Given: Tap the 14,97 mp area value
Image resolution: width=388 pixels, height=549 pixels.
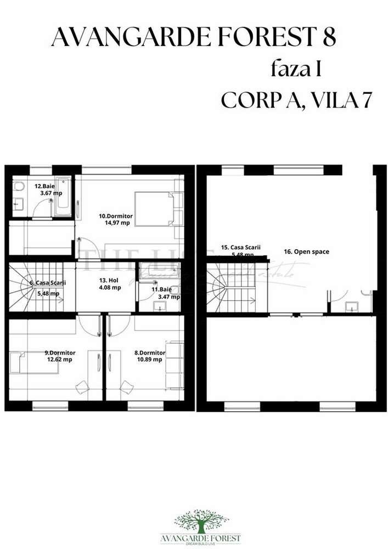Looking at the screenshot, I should pyautogui.click(x=117, y=223).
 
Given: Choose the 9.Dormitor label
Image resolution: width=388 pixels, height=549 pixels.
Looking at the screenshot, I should pyautogui.click(x=60, y=352).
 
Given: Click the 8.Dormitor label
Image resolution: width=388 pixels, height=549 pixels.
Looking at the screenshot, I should pyautogui.click(x=150, y=352).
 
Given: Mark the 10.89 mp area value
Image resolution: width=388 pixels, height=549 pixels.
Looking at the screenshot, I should pyautogui.click(x=150, y=360).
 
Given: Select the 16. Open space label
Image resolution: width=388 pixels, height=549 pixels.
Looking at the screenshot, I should pyautogui.click(x=306, y=251).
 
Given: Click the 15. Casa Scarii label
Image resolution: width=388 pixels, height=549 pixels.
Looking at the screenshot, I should pyautogui.click(x=238, y=248).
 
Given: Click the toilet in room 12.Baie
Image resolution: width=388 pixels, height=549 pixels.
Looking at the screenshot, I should pyautogui.click(x=19, y=188).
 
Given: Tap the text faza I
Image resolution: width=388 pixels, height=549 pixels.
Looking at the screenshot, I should pyautogui.click(x=295, y=70).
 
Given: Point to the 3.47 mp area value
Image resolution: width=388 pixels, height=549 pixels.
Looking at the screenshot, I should pyautogui.click(x=168, y=297).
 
